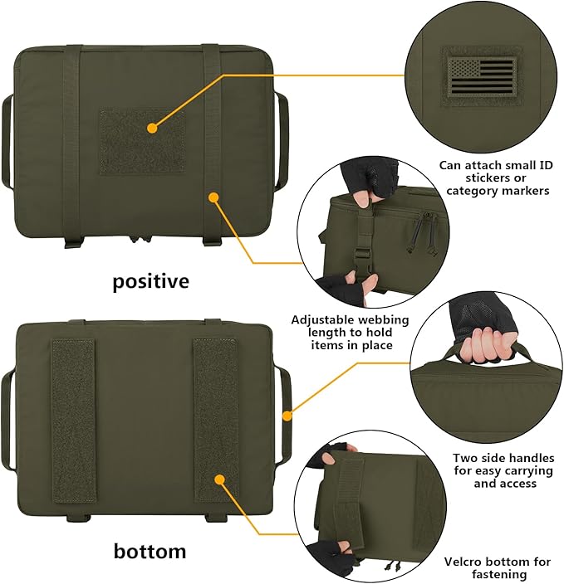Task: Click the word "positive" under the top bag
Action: (x=150, y=281)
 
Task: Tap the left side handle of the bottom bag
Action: (x=8, y=415)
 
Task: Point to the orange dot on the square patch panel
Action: (x=152, y=128)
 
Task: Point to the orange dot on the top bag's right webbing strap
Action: (x=214, y=197)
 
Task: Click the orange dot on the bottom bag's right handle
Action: (x=287, y=416)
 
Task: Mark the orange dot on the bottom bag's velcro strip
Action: (x=220, y=479)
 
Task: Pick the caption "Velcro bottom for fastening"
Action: (x=497, y=567)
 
